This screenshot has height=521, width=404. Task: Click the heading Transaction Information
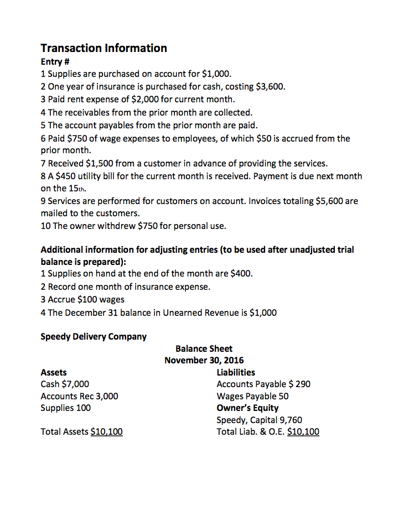tap(103, 48)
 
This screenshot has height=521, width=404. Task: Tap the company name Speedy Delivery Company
tap(94, 336)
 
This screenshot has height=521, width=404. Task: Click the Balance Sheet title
tap(204, 348)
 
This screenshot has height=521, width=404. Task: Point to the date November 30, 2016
tap(204, 361)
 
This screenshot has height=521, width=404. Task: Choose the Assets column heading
tap(54, 372)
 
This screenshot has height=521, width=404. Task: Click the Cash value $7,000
tap(76, 384)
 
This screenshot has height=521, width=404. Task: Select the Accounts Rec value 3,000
tap(107, 396)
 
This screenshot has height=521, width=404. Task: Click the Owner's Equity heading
tap(247, 408)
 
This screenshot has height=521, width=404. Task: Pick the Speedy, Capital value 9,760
tap(288, 420)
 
